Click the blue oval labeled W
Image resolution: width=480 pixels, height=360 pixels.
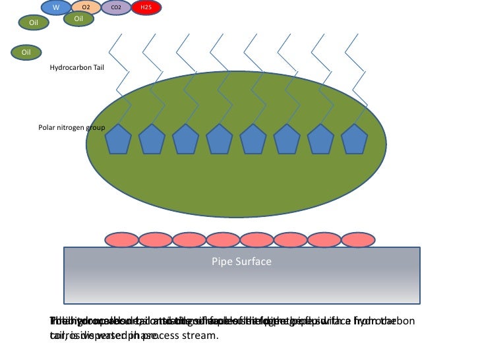click(x=55, y=7)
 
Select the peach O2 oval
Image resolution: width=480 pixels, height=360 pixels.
click(x=86, y=7)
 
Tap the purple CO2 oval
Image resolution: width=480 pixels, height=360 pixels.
click(x=116, y=7)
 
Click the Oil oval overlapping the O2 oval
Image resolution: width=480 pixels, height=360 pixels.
click(x=78, y=19)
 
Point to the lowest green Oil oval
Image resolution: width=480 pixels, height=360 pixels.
click(x=27, y=51)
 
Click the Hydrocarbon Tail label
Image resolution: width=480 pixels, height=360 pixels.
click(x=77, y=67)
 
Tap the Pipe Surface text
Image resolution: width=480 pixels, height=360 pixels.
click(x=241, y=262)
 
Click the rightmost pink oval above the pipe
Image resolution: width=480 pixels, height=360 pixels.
click(x=357, y=239)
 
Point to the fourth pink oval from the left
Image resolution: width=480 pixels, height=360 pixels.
click(x=223, y=239)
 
